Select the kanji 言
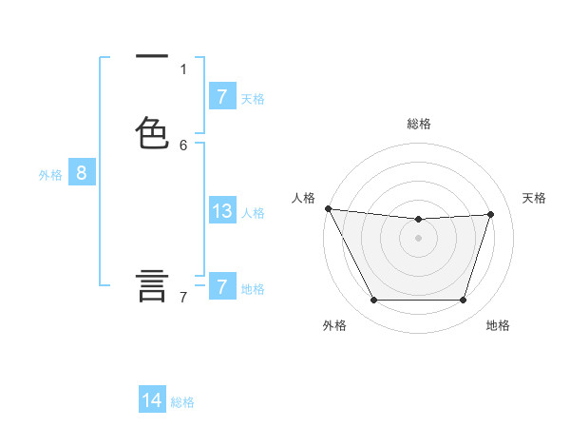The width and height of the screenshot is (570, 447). [x=153, y=285]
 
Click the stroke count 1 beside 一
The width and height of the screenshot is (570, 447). [x=183, y=68]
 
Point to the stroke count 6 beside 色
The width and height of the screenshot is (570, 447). [x=183, y=145]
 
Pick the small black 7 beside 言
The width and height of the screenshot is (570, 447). [x=183, y=298]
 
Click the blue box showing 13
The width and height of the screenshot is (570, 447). [x=222, y=211]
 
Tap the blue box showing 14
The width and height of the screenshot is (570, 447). [x=152, y=401]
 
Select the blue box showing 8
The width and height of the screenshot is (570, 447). [x=82, y=173]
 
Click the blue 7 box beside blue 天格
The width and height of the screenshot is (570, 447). [x=222, y=97]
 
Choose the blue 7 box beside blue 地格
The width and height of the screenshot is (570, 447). [x=222, y=287]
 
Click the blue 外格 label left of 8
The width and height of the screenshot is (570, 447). [x=50, y=175]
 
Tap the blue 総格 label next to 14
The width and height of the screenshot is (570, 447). [x=182, y=402]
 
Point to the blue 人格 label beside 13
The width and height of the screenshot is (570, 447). [x=253, y=213]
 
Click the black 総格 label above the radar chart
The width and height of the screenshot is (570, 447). [x=419, y=124]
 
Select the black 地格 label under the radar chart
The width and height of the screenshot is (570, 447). [x=498, y=325]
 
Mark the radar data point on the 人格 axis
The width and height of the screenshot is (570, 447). [x=328, y=208]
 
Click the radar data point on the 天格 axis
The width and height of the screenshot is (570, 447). [x=491, y=214]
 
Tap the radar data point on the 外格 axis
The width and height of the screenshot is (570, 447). [x=373, y=301]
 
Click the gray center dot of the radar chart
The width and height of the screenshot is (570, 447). [x=419, y=238]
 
